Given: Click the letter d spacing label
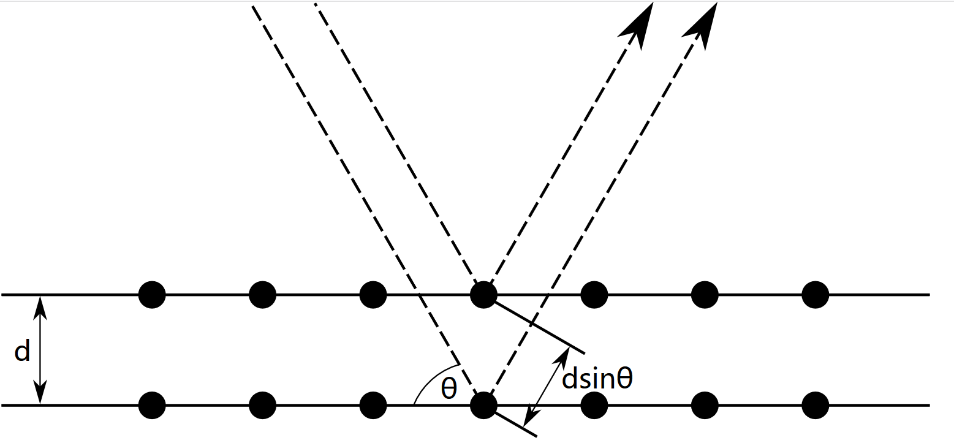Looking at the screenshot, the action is (22, 352).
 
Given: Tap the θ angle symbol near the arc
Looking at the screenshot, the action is (449, 387).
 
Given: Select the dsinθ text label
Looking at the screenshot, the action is (597, 379).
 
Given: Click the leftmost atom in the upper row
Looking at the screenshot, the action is (152, 295).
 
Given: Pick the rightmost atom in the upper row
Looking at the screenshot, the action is (815, 295).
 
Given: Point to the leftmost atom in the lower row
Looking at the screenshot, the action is (152, 405).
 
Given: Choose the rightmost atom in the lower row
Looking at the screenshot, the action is (815, 405).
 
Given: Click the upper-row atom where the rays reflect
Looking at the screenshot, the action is (483, 295).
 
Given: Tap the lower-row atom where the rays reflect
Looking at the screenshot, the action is (483, 405).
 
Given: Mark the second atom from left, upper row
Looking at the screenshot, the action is (262, 295).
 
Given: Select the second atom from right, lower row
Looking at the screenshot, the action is (705, 405).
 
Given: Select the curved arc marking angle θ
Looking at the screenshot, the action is (429, 380).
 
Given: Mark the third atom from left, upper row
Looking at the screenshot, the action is (373, 295).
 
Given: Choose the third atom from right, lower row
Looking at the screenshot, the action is (594, 405).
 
